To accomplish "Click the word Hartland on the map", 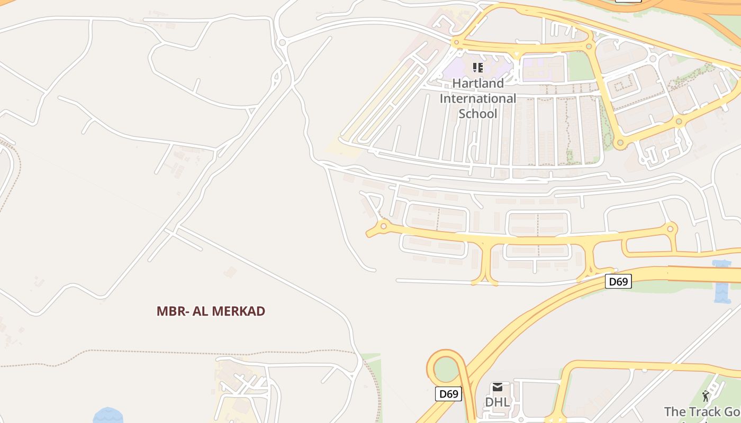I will [478, 84].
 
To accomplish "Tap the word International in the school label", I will [478, 99].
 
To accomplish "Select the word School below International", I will [478, 114].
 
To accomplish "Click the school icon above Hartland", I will [478, 68].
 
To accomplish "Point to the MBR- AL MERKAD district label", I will [211, 311].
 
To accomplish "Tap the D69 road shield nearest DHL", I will [449, 394].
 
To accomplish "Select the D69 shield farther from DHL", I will [618, 281].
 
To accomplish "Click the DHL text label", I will [498, 402].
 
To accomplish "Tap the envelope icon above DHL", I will [498, 388].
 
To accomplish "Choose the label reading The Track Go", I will [702, 411].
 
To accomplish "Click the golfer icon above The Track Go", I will [706, 396].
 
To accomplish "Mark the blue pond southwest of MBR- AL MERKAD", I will [108, 416].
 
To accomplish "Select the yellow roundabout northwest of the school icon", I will [456, 42].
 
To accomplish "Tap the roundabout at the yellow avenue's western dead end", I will [384, 226].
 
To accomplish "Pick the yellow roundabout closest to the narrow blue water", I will [672, 229].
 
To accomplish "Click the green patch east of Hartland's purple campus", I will [579, 67].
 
